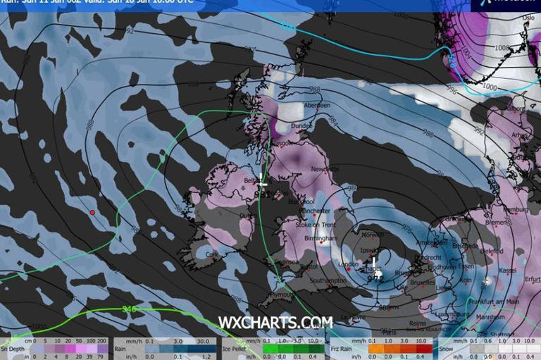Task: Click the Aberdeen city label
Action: click(x=316, y=105)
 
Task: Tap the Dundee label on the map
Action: click(x=301, y=125)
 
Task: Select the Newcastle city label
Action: click(x=325, y=169)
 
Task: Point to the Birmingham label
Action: click(x=323, y=238)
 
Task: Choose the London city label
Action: click(x=349, y=264)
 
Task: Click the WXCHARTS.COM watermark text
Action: click(x=275, y=322)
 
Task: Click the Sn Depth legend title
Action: click(x=13, y=348)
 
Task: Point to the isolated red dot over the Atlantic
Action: click(x=92, y=212)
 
